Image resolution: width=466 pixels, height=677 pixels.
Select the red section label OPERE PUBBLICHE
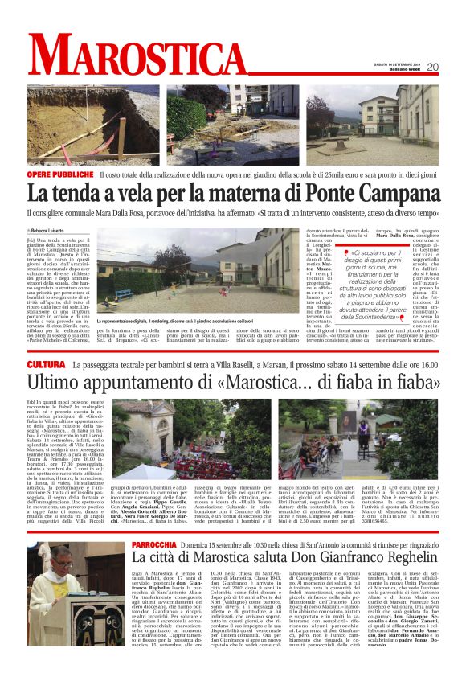click(x=60, y=174)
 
